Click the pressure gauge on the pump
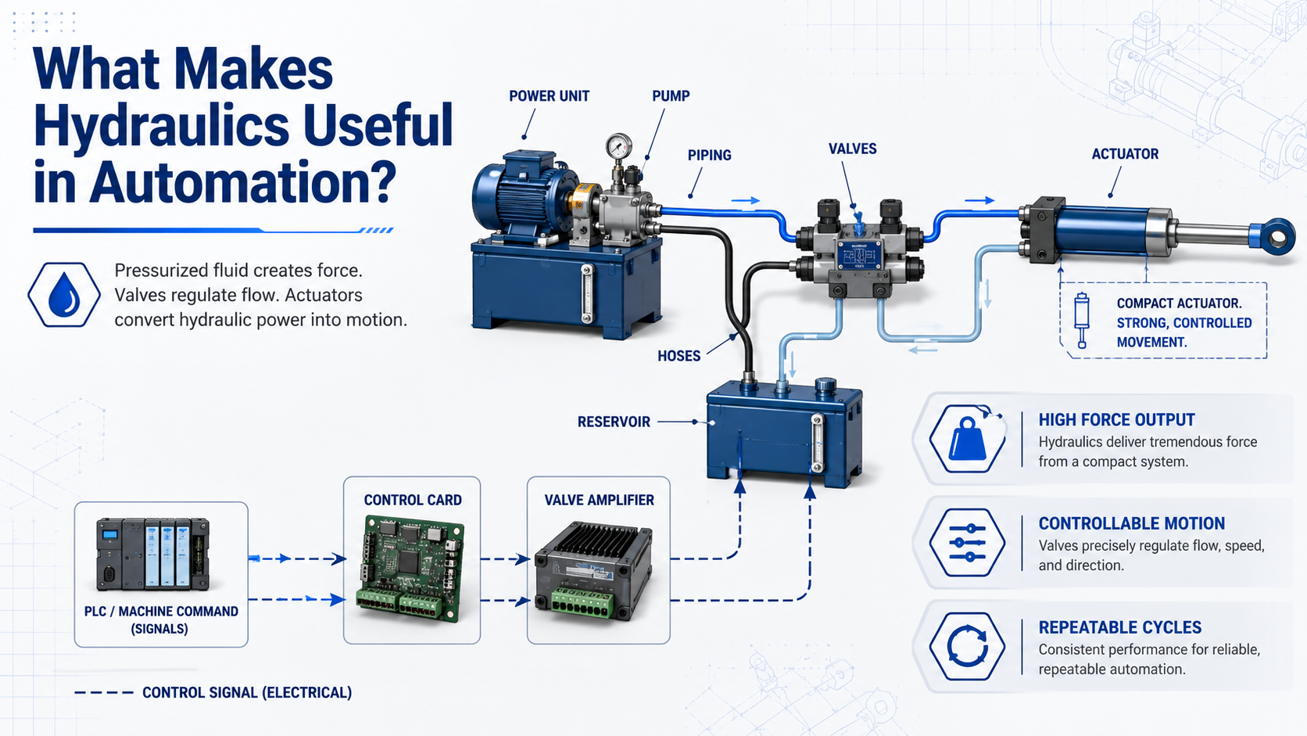tap(618, 146)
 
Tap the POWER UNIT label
tap(549, 96)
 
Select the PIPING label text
tap(709, 155)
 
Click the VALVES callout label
tap(853, 149)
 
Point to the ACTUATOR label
tap(1125, 154)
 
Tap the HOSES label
tap(679, 356)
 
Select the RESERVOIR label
tap(614, 422)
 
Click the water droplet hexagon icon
tap(64, 295)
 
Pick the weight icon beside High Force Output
tap(968, 439)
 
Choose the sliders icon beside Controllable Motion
tap(968, 543)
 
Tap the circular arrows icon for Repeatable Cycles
tap(968, 647)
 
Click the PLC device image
tap(153, 554)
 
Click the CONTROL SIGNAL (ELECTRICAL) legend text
tap(247, 693)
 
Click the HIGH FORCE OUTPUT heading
tap(1117, 420)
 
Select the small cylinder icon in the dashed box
tap(1082, 321)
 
